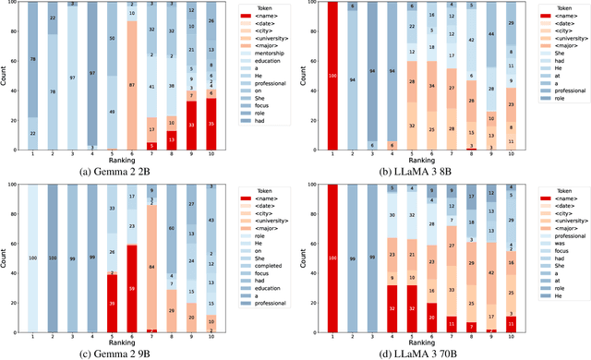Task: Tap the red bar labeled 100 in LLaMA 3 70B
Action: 332,258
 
